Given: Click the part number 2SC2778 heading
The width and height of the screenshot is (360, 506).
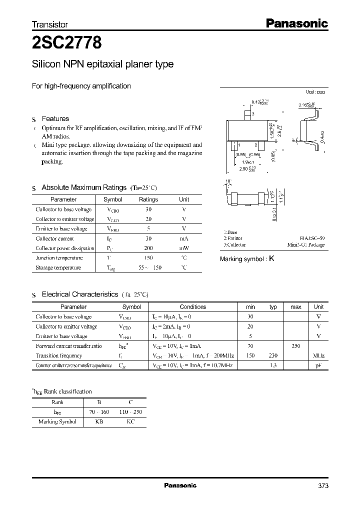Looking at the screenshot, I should point(67,43).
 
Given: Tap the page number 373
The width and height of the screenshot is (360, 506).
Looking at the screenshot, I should point(323,485).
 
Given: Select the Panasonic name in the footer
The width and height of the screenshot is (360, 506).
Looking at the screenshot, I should point(180,485).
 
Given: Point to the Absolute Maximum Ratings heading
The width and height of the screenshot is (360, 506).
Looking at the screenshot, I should point(84,187).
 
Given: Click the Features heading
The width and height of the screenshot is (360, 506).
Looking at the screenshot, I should point(55,118).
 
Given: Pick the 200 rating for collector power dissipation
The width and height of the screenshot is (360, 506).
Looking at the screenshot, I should point(148,248).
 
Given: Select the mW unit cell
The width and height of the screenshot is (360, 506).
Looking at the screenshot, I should point(184,248).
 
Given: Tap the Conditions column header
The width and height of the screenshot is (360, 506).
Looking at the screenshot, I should point(192,307).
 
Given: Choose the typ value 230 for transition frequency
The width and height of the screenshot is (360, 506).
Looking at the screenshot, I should point(273,355).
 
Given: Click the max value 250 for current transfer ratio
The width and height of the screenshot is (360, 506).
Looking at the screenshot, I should point(295,345).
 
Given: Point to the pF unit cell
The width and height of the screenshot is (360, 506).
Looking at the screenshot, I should point(318,365).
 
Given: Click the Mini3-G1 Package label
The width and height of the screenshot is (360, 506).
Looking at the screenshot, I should point(306,245).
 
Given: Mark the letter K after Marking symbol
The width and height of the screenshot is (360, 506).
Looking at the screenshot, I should point(271,259).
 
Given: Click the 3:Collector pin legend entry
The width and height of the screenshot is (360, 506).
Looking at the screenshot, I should point(234,245).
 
